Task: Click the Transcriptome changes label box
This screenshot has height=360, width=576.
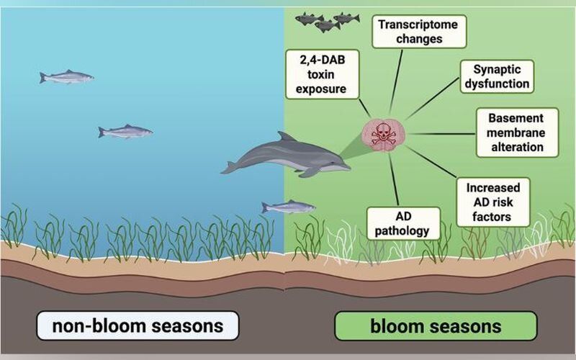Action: tap(419, 32)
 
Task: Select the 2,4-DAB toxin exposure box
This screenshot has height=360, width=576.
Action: tap(322, 74)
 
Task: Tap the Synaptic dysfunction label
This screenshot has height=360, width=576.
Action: tap(497, 76)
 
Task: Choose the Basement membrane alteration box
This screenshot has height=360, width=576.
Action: tap(517, 132)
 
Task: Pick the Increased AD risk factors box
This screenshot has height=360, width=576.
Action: tap(493, 202)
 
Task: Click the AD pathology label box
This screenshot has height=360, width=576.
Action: tap(403, 223)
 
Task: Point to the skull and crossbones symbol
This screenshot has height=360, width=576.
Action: tap(384, 135)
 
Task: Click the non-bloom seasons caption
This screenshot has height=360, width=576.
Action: tap(138, 326)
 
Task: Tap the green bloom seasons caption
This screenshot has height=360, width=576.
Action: tap(436, 326)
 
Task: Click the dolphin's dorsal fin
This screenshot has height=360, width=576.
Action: tap(286, 137)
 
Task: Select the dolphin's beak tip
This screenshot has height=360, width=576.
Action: tap(348, 168)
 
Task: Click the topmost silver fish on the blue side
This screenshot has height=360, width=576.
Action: tap(66, 76)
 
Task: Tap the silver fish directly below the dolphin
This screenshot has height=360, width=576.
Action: tap(289, 207)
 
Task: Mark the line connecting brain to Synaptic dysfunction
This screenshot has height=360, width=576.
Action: tap(433, 99)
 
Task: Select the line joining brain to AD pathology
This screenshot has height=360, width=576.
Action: tap(394, 179)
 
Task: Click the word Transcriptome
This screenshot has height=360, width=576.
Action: tap(418, 24)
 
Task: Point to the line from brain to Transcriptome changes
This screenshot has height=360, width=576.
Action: tap(396, 81)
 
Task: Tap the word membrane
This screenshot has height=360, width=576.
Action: tap(516, 132)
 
